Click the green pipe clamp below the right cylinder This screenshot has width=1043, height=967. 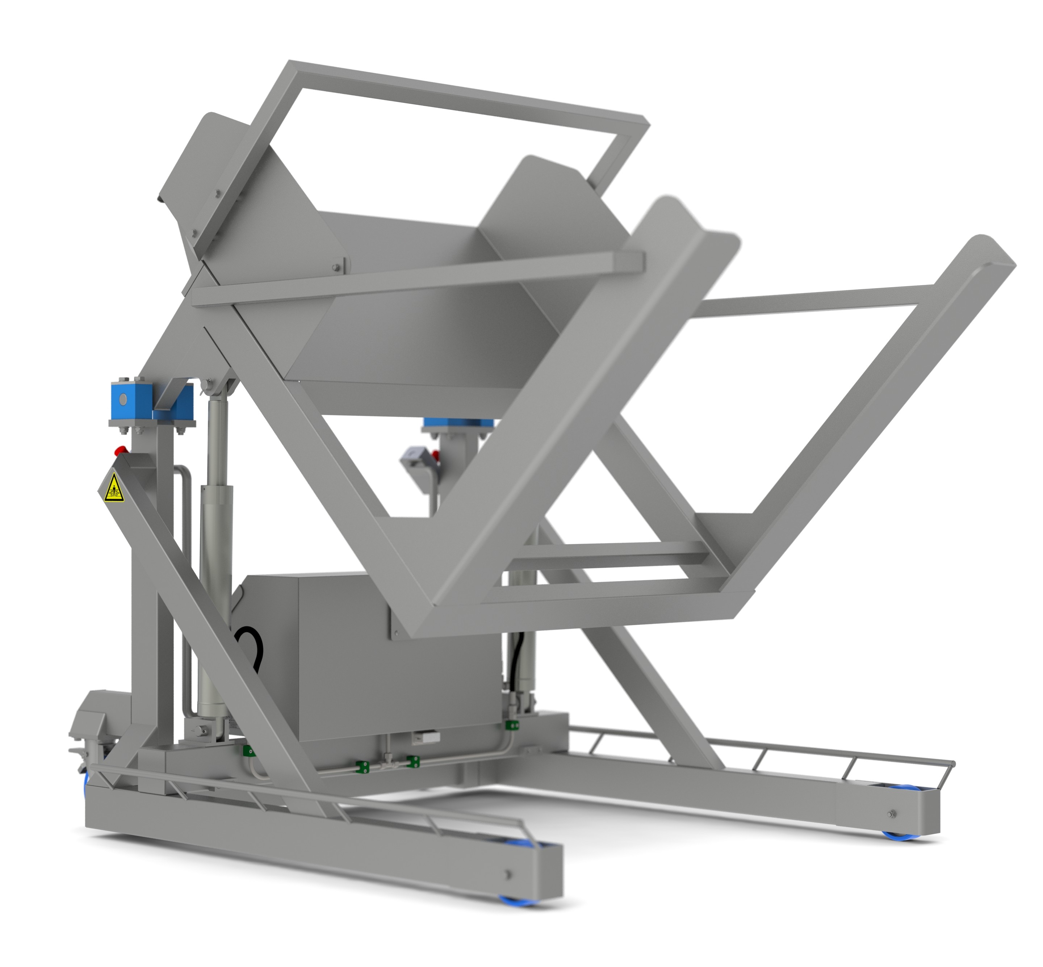point(511,725)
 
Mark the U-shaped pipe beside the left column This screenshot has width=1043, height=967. point(183,549)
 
